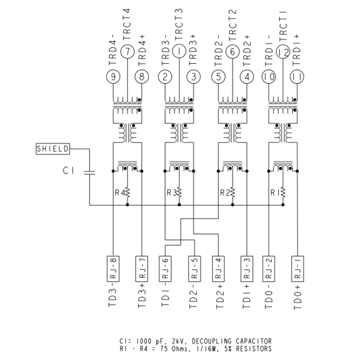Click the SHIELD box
pos(53,149)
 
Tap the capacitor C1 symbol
pos(89,173)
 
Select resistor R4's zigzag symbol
pos(127,192)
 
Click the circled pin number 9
pos(113,77)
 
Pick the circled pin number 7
pos(127,52)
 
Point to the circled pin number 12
pos(283,52)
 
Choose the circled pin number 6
pos(232,52)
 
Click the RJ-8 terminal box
pos(113,268)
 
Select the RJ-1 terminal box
pos(298,268)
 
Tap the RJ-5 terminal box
pos(194,268)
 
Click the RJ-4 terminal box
pos(218,268)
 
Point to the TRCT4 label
pos(127,24)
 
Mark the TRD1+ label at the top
pos(297,50)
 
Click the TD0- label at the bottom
pos(268,300)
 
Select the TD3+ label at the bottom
pos(142,296)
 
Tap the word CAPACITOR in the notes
pos(253,341)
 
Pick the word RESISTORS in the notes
pos(253,349)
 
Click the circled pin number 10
pos(269,77)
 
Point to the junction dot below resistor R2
pos(233,205)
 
